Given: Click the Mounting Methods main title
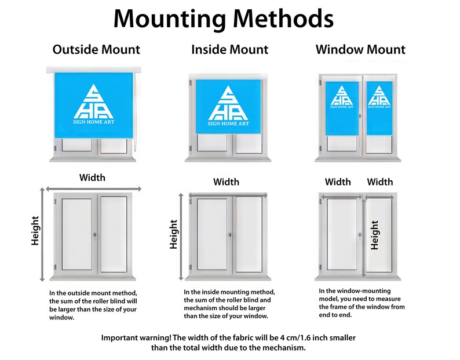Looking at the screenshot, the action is [x=223, y=19].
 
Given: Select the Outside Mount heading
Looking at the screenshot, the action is [x=96, y=49].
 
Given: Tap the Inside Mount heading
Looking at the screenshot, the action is [x=229, y=49].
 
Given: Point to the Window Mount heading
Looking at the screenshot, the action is [x=360, y=49].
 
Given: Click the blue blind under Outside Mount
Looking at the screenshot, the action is [x=94, y=105].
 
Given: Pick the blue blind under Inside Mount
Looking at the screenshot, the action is [x=228, y=106].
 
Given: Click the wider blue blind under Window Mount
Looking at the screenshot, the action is [x=342, y=108].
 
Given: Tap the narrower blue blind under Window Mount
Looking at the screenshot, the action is [x=379, y=108].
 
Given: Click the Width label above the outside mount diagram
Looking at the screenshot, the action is [x=92, y=177].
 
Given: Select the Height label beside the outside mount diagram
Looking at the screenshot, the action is [x=35, y=231].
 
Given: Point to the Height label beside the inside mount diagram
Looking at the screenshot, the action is [x=174, y=234].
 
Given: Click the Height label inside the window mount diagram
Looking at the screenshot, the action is [x=375, y=235].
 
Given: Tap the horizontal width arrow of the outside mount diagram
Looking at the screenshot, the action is [x=94, y=189].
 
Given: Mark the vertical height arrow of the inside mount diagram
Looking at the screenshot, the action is [x=181, y=237].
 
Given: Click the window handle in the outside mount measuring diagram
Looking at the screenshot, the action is [x=95, y=236].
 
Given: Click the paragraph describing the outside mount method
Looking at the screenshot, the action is [x=93, y=305].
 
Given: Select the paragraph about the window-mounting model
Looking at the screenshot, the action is [x=362, y=303].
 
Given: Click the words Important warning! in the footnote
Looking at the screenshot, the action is [x=136, y=338].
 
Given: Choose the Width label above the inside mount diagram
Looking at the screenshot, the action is [x=226, y=182].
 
